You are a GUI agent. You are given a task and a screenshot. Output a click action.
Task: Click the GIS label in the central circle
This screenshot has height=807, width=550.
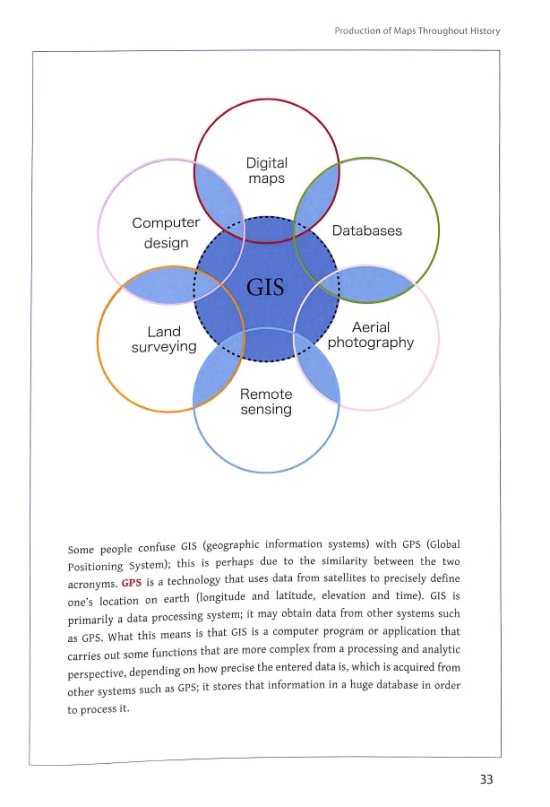[x=265, y=287]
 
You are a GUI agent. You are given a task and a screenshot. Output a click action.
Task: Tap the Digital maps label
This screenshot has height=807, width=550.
[x=266, y=170]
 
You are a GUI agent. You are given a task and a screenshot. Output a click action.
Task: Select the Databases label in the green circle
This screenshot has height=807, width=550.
[x=367, y=230]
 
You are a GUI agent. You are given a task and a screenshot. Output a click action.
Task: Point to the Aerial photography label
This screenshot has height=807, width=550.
[x=371, y=335]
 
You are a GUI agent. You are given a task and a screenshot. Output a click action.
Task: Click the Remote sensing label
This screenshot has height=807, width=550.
[x=266, y=402]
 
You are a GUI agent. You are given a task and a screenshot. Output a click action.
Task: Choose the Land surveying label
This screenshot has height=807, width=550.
[x=164, y=339]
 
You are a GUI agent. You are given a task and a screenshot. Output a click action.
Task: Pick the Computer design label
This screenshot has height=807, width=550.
[x=166, y=232]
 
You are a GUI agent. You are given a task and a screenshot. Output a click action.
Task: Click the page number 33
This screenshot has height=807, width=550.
[x=486, y=779]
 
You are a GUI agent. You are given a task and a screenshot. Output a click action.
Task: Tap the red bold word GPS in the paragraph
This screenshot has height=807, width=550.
[x=131, y=583]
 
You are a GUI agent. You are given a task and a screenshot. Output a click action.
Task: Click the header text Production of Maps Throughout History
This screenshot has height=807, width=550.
[x=417, y=30]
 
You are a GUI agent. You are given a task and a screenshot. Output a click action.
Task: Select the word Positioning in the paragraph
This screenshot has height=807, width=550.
[x=95, y=566]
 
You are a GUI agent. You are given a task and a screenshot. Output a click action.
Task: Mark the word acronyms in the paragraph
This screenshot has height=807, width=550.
[x=92, y=584]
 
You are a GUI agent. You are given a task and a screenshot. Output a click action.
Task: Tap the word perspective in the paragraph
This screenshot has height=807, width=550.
[x=96, y=673]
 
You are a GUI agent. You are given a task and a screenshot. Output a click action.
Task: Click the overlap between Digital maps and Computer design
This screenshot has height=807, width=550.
[x=219, y=196]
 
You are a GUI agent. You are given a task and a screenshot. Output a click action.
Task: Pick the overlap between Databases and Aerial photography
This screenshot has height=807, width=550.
[x=369, y=283]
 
